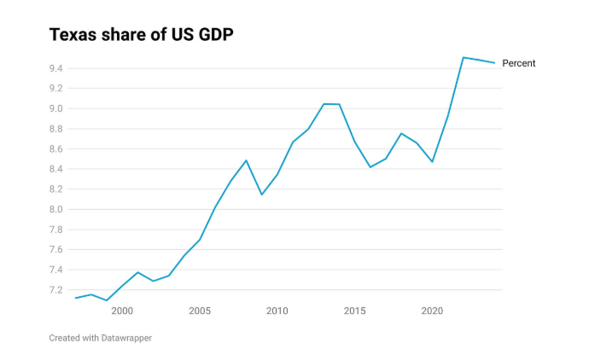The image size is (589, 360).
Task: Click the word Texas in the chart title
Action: (72, 35)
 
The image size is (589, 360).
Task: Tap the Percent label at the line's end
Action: (518, 63)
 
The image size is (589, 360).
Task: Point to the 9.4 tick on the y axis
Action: (58, 68)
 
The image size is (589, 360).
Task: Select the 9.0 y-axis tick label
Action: (58, 108)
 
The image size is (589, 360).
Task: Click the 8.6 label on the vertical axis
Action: (58, 149)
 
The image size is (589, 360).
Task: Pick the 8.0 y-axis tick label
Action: (58, 210)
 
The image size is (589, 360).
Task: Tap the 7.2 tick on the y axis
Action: (58, 290)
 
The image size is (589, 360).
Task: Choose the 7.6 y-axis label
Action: (58, 250)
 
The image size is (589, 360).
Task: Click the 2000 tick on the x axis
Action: (122, 311)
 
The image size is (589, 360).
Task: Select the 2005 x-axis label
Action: (200, 311)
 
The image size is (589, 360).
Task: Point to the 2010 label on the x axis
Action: (277, 311)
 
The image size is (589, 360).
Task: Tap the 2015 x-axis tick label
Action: (354, 311)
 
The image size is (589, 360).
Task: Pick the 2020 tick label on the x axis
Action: (432, 311)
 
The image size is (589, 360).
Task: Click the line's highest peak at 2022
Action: (463, 57)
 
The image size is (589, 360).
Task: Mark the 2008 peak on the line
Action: (246, 160)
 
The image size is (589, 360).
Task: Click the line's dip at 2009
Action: (261, 195)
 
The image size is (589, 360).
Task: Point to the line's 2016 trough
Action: (370, 167)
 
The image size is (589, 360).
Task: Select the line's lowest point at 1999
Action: (107, 300)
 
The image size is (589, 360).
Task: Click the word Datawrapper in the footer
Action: (124, 338)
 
